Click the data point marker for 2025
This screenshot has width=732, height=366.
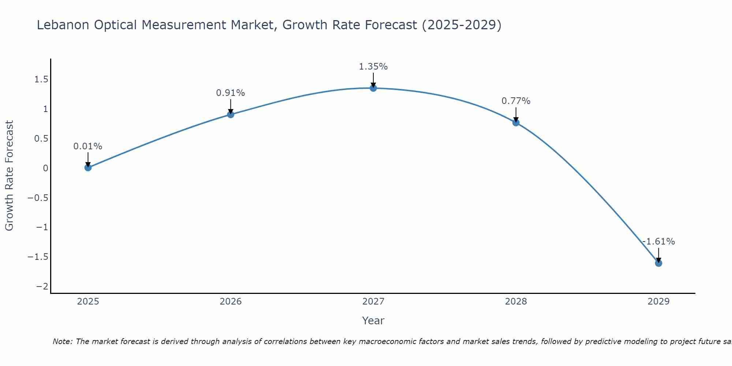pyautogui.click(x=88, y=168)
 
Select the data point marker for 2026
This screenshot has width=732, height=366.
pyautogui.click(x=231, y=115)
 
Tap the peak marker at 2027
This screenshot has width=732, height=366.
pyautogui.click(x=373, y=88)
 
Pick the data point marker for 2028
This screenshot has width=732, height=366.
pyautogui.click(x=516, y=123)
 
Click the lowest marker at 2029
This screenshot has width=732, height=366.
pyautogui.click(x=658, y=263)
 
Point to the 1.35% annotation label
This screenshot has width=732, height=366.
pyautogui.click(x=373, y=67)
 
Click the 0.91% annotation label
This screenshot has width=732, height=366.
pyautogui.click(x=230, y=93)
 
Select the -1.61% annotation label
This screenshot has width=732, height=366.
pyautogui.click(x=658, y=242)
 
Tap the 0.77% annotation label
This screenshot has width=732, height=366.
pyautogui.click(x=516, y=101)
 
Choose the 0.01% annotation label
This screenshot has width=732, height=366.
pyautogui.click(x=88, y=146)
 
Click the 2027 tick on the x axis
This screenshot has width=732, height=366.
pyautogui.click(x=373, y=302)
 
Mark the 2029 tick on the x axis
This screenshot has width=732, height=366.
pyautogui.click(x=658, y=302)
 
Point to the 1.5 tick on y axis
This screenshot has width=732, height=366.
pyautogui.click(x=41, y=79)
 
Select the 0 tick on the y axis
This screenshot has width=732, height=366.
pyautogui.click(x=45, y=168)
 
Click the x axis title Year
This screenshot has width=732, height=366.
pyautogui.click(x=373, y=321)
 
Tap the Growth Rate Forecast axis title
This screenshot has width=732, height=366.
pyautogui.click(x=9, y=176)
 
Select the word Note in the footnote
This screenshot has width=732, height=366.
pyautogui.click(x=63, y=342)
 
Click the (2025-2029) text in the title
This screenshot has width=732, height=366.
pyautogui.click(x=462, y=25)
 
